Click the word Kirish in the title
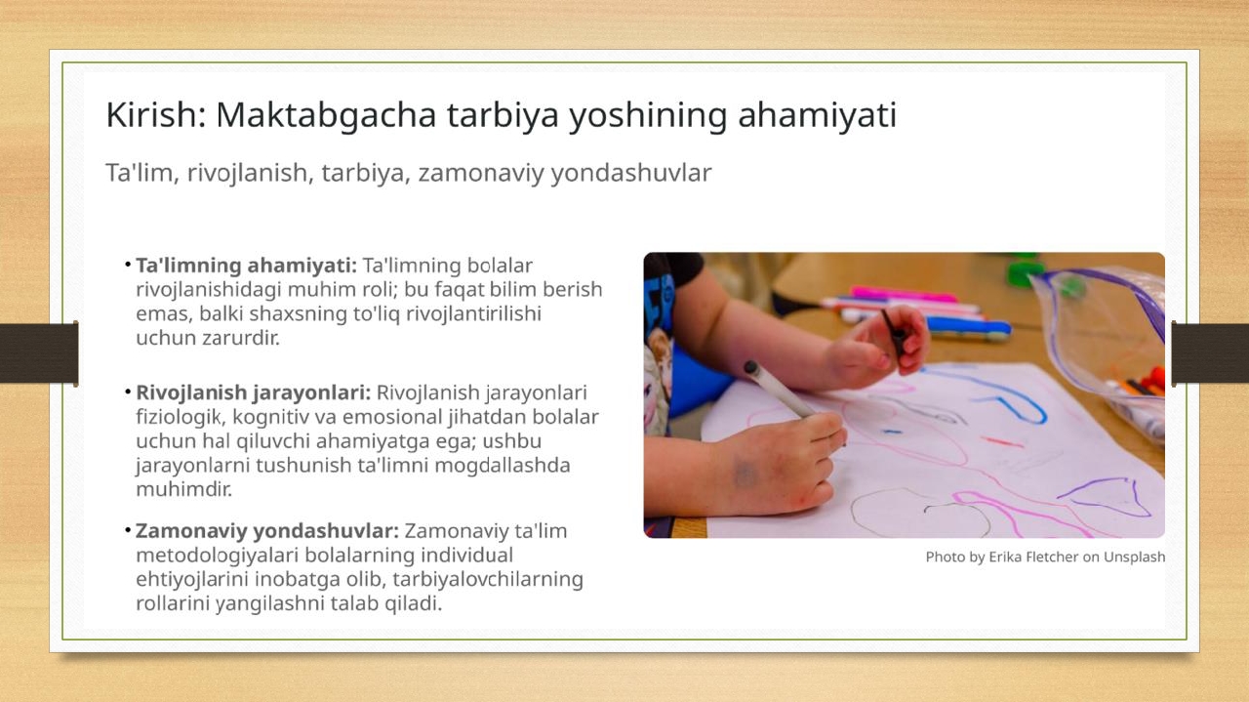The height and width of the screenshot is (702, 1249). pos(155,114)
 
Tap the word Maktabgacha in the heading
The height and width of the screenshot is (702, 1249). pos(326,115)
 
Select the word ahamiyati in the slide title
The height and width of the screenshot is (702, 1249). pos(818,114)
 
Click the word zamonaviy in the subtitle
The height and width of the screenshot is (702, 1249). pos(481,174)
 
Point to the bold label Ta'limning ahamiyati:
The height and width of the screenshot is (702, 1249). pos(247,266)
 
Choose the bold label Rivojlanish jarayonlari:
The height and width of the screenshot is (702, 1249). pos(254,392)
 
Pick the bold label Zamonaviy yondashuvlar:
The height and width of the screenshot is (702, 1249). pos(267,531)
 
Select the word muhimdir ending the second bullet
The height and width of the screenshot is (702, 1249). pos(183,489)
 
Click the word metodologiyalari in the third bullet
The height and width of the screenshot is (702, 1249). pos(218,556)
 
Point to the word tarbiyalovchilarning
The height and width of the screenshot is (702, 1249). pos(488,580)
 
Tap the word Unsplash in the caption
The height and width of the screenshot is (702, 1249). pos(1134,557)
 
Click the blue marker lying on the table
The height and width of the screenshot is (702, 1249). pos(968,326)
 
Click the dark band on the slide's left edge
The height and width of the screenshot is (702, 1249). pos(39,353)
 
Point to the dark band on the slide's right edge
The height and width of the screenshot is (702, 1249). pos(1210,353)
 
